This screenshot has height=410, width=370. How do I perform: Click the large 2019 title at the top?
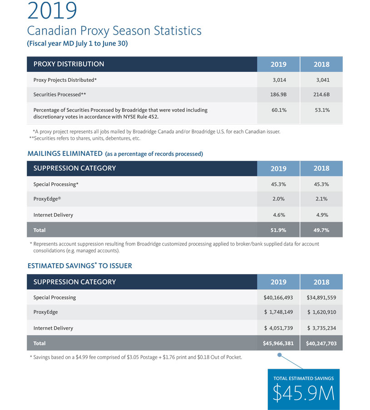pyautogui.click(x=52, y=10)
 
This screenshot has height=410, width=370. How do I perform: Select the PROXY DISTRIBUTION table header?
pyautogui.click(x=69, y=64)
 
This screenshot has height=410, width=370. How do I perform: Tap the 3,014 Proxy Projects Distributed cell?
pyautogui.click(x=279, y=80)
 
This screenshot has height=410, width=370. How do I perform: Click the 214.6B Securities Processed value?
pyautogui.click(x=321, y=95)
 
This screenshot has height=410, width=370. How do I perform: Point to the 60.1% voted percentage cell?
pyautogui.click(x=279, y=110)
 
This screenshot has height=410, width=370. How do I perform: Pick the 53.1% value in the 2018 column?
pyautogui.click(x=322, y=110)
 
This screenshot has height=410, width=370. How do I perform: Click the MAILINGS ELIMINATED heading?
pyautogui.click(x=65, y=154)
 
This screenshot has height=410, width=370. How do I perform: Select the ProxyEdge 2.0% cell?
pyautogui.click(x=278, y=199)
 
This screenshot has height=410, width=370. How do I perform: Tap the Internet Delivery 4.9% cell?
pyautogui.click(x=322, y=215)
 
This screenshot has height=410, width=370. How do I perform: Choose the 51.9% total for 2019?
pyautogui.click(x=278, y=230)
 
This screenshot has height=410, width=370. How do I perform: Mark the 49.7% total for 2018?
pyautogui.click(x=321, y=230)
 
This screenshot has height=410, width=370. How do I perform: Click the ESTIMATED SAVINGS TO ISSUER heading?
pyautogui.click(x=79, y=265)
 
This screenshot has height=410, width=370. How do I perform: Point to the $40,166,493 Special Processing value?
pyautogui.click(x=278, y=298)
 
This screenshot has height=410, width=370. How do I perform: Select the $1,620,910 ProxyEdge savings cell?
pyautogui.click(x=321, y=312)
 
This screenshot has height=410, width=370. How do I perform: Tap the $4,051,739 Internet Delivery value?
pyautogui.click(x=278, y=328)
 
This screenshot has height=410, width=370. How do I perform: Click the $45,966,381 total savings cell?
pyautogui.click(x=278, y=343)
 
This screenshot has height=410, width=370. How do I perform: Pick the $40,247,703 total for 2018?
pyautogui.click(x=321, y=343)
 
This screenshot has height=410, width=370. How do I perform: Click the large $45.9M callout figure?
pyautogui.click(x=303, y=393)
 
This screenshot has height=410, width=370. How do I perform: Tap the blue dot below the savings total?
pyautogui.click(x=279, y=355)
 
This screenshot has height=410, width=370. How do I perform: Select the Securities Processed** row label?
pyautogui.click(x=59, y=95)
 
